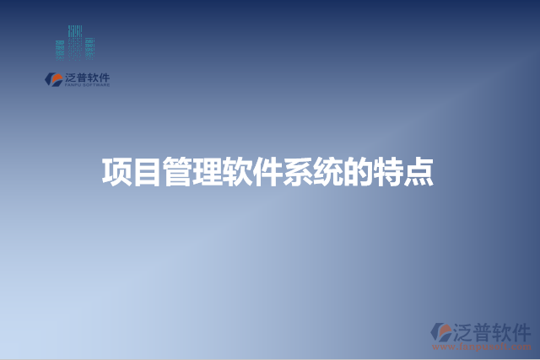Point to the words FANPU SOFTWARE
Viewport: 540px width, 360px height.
(87, 84)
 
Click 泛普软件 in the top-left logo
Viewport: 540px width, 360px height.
(87, 77)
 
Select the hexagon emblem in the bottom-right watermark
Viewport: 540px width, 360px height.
(442, 332)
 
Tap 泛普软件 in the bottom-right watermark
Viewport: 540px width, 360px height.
(493, 330)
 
